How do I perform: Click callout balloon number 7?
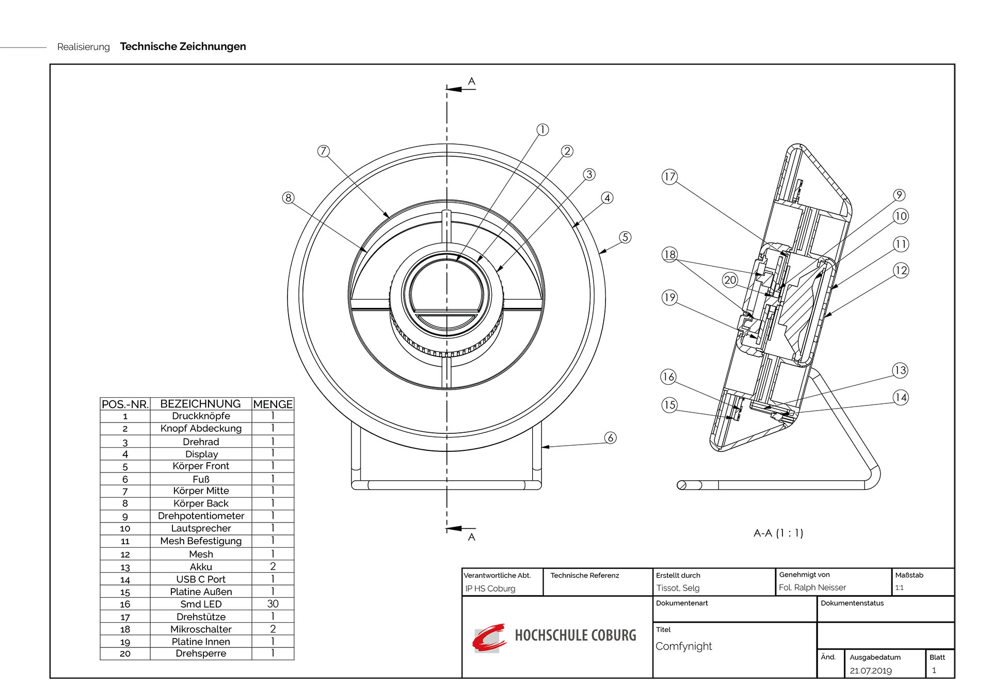point(323,151)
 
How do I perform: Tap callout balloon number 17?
point(669,177)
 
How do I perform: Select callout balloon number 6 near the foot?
point(611,438)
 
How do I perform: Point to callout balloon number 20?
point(730,280)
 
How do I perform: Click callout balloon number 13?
point(900,370)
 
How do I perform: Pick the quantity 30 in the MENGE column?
point(273,604)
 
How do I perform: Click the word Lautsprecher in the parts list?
point(201,528)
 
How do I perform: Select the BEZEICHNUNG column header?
point(200,404)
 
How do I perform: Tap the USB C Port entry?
point(201,579)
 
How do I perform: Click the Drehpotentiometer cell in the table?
point(201,516)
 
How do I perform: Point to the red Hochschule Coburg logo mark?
point(488,638)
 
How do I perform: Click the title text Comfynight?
point(683,646)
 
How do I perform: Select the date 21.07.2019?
point(871,671)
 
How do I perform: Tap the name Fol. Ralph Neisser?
point(812,588)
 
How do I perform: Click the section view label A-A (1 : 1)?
point(778,533)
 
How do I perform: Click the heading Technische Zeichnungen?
point(183,46)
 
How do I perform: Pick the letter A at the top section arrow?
point(471,82)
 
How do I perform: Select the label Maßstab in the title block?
point(909,575)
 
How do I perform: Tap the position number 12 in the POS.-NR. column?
point(125,555)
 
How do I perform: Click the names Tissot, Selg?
point(678,588)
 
